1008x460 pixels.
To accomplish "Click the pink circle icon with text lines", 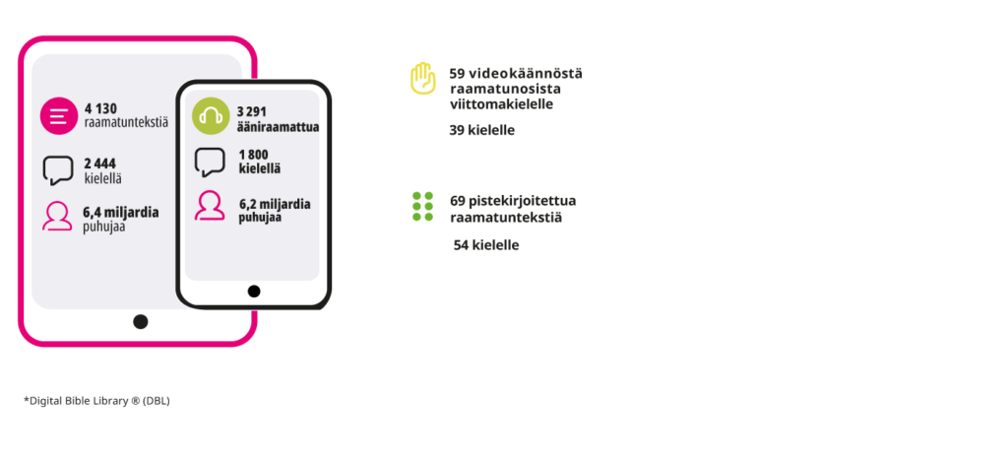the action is click(x=59, y=116).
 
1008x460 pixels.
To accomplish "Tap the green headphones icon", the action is click(x=211, y=116).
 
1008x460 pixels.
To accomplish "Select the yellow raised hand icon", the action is click(x=423, y=79).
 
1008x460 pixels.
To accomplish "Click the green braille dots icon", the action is click(x=423, y=206).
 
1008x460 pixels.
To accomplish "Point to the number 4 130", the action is click(x=101, y=108).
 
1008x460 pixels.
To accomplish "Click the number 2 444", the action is click(x=100, y=164).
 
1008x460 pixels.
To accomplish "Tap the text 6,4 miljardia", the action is click(x=121, y=213).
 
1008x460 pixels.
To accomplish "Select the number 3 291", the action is click(x=252, y=112).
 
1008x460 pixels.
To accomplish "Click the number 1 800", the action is click(x=254, y=155).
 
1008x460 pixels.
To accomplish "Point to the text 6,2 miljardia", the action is click(x=276, y=204).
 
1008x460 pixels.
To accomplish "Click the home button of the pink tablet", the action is click(x=140, y=322).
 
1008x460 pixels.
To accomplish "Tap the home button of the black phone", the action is click(x=254, y=292).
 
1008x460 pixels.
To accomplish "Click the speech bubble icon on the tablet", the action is click(x=58, y=170).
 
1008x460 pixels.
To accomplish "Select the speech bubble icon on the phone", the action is click(x=210, y=163).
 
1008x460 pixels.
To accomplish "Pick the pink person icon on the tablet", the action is click(x=57, y=216).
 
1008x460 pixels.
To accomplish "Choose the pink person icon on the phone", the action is click(x=210, y=206).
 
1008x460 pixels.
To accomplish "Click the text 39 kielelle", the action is click(x=482, y=131).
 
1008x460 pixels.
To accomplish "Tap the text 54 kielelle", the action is click(x=486, y=245).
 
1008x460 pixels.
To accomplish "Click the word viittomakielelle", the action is click(x=501, y=104).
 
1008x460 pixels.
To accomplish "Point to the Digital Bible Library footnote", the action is click(x=97, y=401).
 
